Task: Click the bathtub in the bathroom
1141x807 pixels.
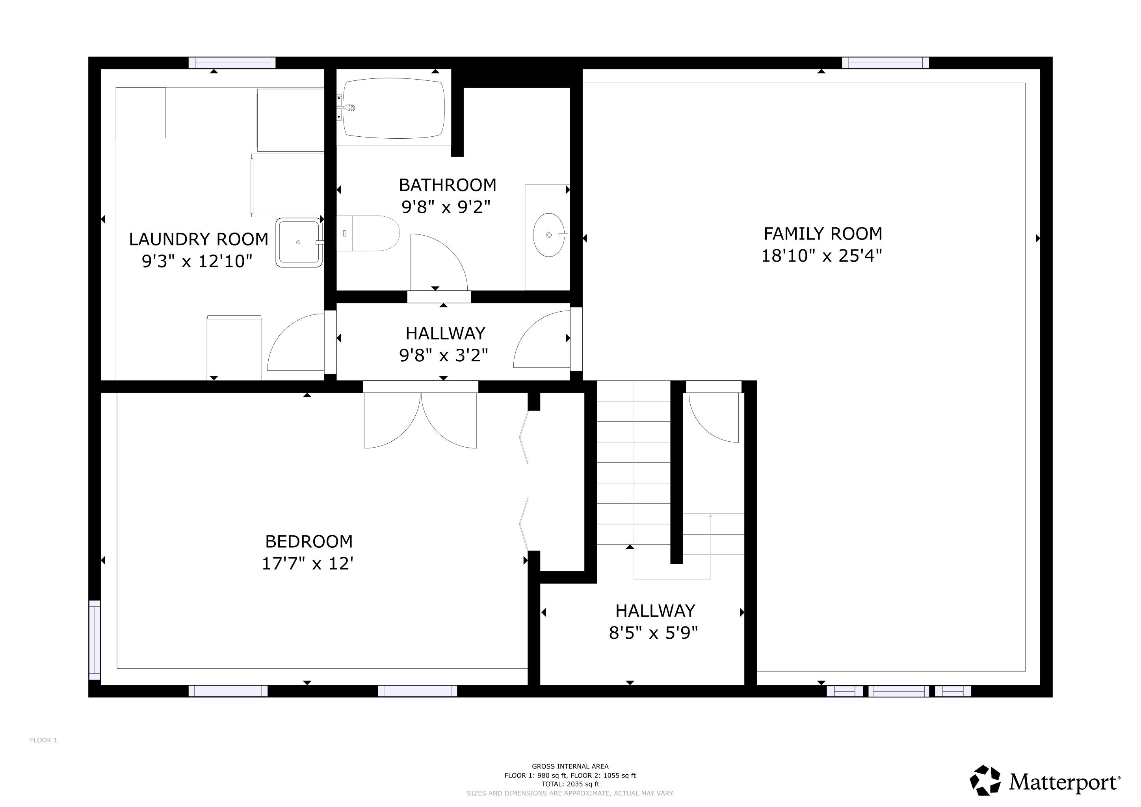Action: pyautogui.click(x=394, y=108)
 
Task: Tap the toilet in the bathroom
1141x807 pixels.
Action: pyautogui.click(x=368, y=233)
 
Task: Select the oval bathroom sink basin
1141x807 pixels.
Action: pyautogui.click(x=549, y=234)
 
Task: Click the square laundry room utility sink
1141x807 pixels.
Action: pyautogui.click(x=299, y=242)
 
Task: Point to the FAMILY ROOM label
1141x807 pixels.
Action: pyautogui.click(x=823, y=234)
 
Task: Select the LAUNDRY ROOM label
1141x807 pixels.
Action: pyautogui.click(x=199, y=239)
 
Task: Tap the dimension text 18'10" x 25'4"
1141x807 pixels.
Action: pyautogui.click(x=822, y=256)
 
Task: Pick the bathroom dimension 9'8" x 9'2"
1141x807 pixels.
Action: pyautogui.click(x=446, y=207)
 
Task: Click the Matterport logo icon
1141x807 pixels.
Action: pyautogui.click(x=985, y=780)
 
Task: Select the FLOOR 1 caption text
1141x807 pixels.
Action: pyautogui.click(x=44, y=740)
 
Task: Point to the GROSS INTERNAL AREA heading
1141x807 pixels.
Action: pyautogui.click(x=570, y=766)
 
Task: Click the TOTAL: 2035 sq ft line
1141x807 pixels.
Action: pyautogui.click(x=570, y=784)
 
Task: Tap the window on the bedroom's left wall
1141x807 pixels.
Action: pyautogui.click(x=95, y=640)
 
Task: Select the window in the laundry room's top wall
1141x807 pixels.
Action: pyautogui.click(x=232, y=63)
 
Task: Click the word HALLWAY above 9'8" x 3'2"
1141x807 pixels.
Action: pyautogui.click(x=445, y=333)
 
